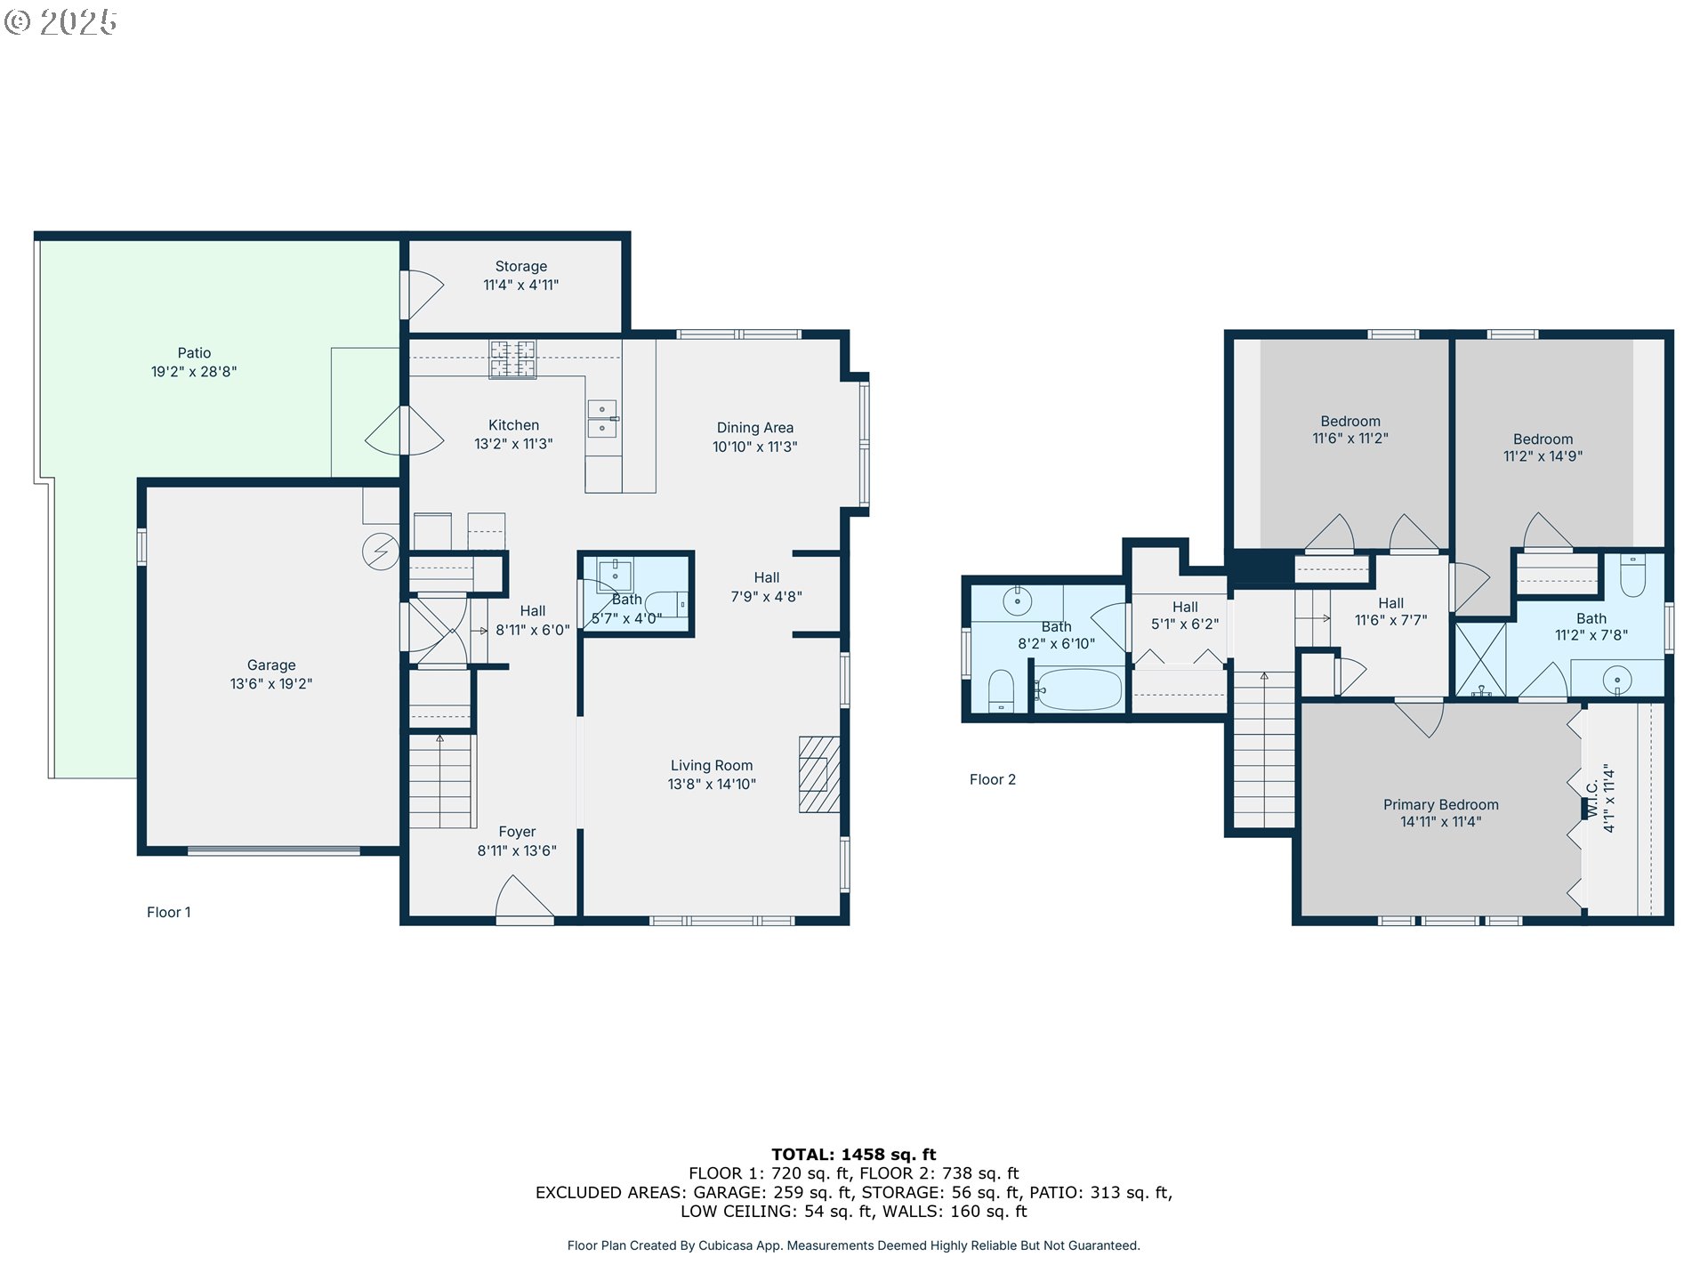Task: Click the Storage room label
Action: (521, 267)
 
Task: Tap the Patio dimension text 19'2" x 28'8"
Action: (194, 372)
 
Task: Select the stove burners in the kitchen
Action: (513, 359)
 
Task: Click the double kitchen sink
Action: (602, 419)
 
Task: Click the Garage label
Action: (271, 665)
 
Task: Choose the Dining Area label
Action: (755, 428)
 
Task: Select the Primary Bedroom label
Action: (1441, 805)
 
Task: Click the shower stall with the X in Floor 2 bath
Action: (1480, 659)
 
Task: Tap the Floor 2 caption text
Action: (993, 779)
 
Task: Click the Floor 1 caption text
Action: (169, 912)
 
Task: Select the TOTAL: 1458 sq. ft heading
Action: (854, 1155)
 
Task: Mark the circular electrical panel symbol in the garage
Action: (381, 552)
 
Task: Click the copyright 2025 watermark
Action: (60, 22)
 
